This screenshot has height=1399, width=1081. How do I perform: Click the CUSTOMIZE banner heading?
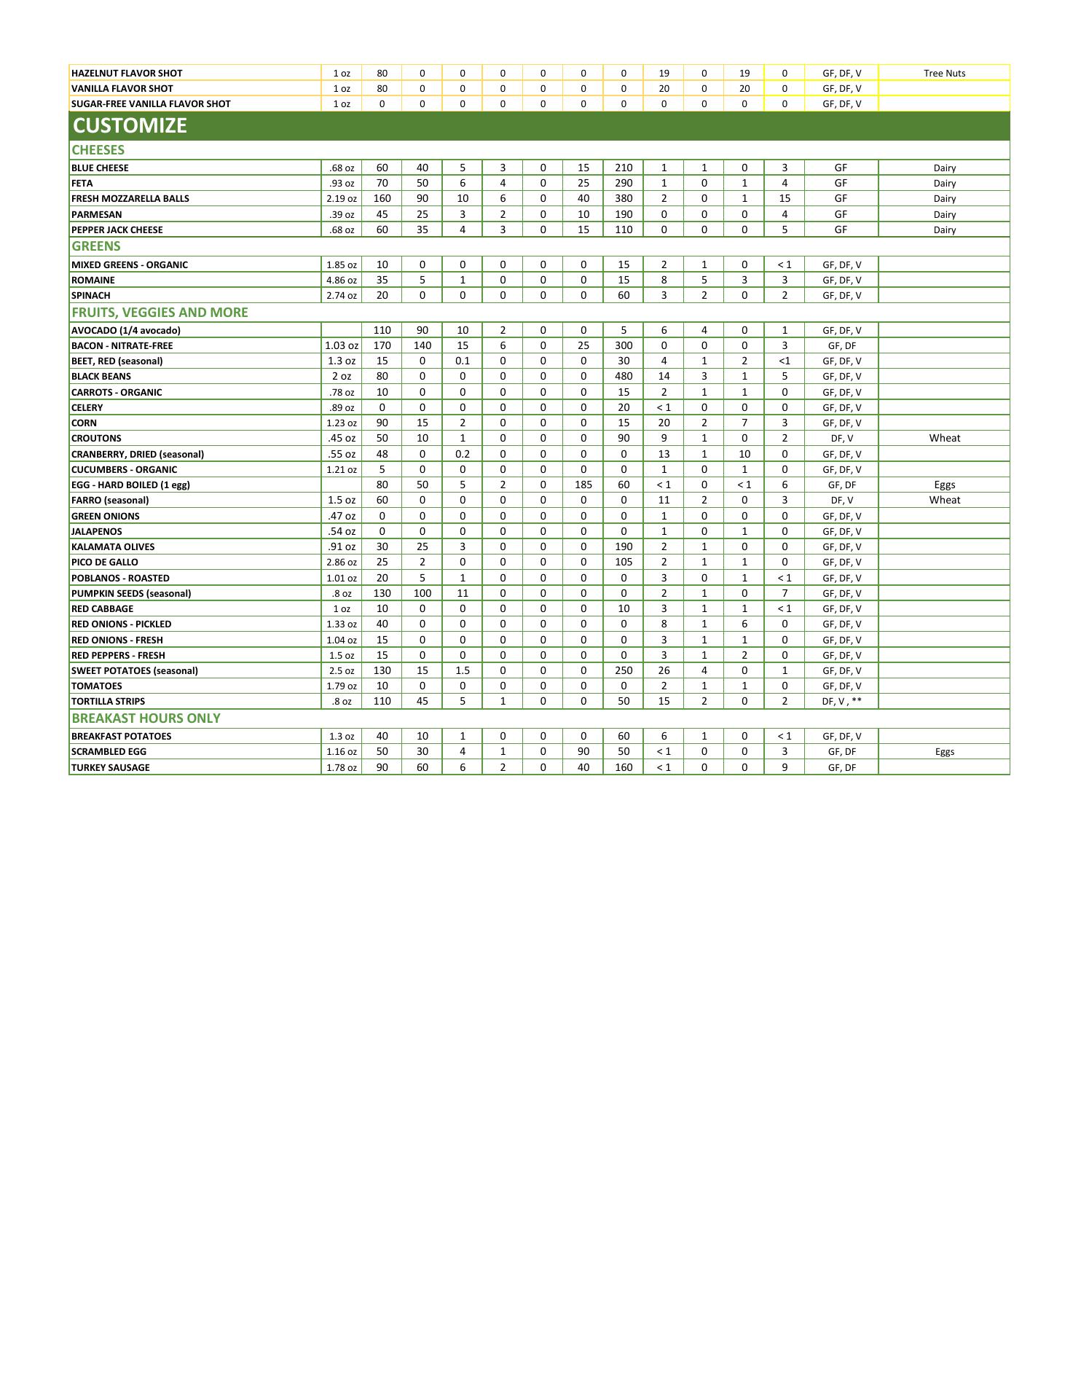point(130,125)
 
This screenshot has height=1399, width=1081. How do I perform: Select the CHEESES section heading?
point(98,150)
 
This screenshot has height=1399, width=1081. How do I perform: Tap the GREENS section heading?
point(96,246)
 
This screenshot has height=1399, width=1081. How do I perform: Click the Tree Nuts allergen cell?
point(944,73)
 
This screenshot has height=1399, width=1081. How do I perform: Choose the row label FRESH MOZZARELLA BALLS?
point(130,199)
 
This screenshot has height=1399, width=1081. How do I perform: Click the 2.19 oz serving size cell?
point(342,199)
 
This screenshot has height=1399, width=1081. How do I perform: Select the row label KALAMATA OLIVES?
point(113,547)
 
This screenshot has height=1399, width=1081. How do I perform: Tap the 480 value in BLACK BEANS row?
point(624,377)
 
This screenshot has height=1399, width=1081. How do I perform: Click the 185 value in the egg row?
point(583,485)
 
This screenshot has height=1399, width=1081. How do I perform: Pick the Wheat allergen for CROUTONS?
point(944,438)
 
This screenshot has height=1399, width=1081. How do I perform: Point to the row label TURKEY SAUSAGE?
point(111,767)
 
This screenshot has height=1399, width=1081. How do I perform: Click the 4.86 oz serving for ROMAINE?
point(342,280)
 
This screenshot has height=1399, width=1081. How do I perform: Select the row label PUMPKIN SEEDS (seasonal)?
point(131,593)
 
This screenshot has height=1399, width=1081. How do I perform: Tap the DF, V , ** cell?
point(841,702)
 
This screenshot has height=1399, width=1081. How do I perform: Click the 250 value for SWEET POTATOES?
point(624,670)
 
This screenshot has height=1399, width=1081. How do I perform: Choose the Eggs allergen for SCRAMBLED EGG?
point(944,752)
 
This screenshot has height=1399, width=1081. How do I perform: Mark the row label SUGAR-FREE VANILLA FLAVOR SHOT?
point(151,103)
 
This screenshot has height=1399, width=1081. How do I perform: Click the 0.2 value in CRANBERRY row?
point(463,454)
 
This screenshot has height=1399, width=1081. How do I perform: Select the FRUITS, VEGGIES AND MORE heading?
point(160,313)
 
